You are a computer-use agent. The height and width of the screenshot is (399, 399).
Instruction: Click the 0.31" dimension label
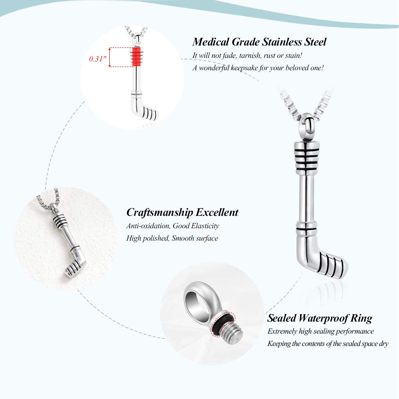tap(97, 59)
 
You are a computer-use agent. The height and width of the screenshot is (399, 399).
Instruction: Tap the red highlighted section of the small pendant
tap(136, 57)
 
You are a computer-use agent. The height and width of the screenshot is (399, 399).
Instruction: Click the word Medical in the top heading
tap(210, 42)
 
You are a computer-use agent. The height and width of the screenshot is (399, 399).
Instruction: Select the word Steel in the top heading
tap(315, 42)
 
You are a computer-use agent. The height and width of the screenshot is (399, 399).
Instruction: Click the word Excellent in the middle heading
tap(217, 213)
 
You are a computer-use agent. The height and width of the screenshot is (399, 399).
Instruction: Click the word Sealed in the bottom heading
tap(282, 318)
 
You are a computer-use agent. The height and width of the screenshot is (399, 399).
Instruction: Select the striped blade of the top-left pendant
tap(148, 113)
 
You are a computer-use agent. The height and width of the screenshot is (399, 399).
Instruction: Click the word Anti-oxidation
tap(148, 226)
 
